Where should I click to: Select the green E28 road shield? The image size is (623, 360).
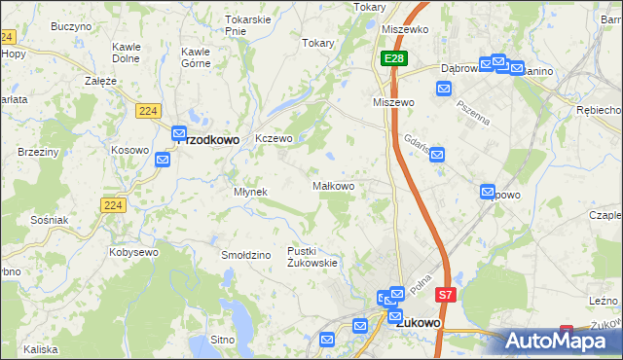coord(392,59)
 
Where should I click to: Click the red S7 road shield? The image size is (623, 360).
coord(445,294)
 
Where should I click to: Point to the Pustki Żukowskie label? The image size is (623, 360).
coord(311,256)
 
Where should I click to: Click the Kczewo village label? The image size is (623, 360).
coord(274,138)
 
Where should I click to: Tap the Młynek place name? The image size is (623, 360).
coord(250,192)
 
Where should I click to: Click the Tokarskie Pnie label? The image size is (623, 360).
coord(247,24)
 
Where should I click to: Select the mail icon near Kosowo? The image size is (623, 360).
coord(163,157)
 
